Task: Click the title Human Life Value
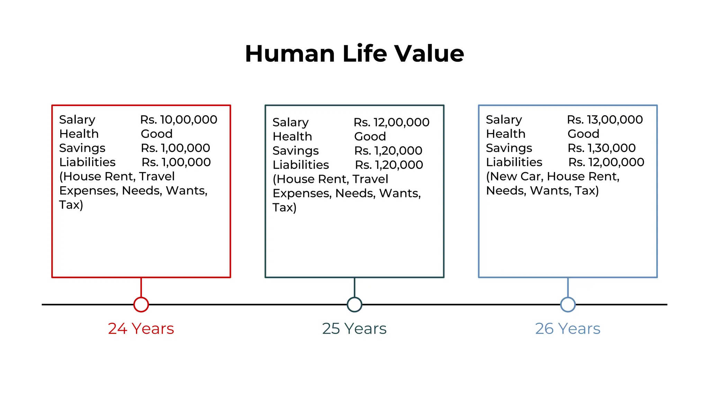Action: [x=354, y=54]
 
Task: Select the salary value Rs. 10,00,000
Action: [x=179, y=119]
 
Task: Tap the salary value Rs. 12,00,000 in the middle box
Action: [x=391, y=122]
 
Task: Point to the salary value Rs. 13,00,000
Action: [x=605, y=119]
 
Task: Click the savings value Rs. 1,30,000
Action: [x=602, y=148]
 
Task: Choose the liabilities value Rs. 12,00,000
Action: [x=606, y=162]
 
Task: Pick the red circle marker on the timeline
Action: [x=141, y=304]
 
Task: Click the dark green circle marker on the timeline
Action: [x=354, y=304]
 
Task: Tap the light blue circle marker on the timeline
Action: [x=568, y=304]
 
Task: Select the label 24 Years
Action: [x=141, y=328]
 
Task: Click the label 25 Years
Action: [x=354, y=328]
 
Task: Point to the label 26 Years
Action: [x=568, y=328]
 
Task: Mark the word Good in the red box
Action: [x=156, y=134]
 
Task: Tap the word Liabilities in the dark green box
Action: [x=300, y=165]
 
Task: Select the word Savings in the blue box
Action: [x=509, y=148]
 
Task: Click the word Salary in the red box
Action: [x=77, y=120]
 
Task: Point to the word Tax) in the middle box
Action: [x=284, y=207]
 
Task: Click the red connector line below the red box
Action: [x=141, y=287]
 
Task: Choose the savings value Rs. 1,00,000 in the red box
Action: [x=175, y=148]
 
